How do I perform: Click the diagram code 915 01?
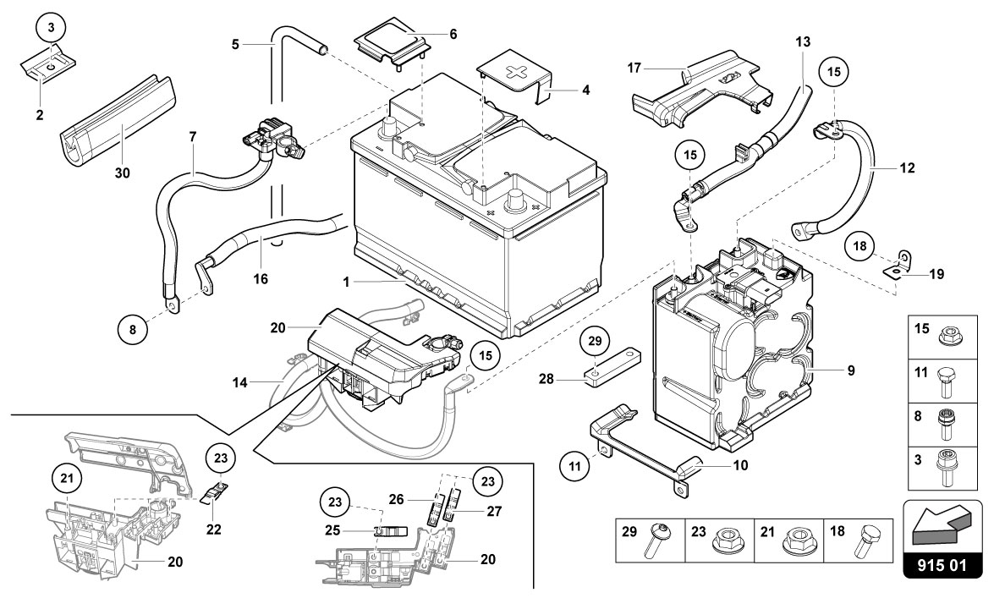coord(942,565)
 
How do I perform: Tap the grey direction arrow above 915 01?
coord(940,518)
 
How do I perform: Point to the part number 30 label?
coord(122,173)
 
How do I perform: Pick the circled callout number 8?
coord(133,330)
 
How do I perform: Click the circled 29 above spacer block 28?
coord(596,341)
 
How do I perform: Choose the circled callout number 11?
coord(574,466)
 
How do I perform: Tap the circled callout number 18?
coord(859,246)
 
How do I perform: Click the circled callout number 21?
coord(67,478)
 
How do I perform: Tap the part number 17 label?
coord(634,68)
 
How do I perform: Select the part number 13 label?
coord(803,42)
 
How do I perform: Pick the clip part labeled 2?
coord(48,64)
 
